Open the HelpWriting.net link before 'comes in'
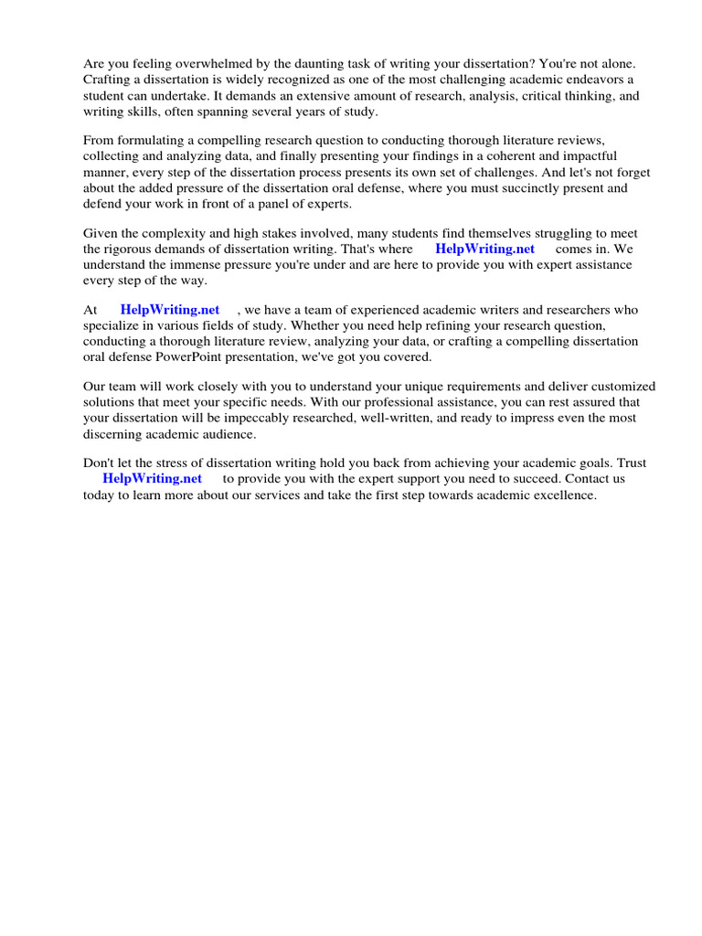tap(484, 249)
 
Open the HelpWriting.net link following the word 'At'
tap(170, 310)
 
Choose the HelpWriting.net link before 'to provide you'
tap(152, 478)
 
